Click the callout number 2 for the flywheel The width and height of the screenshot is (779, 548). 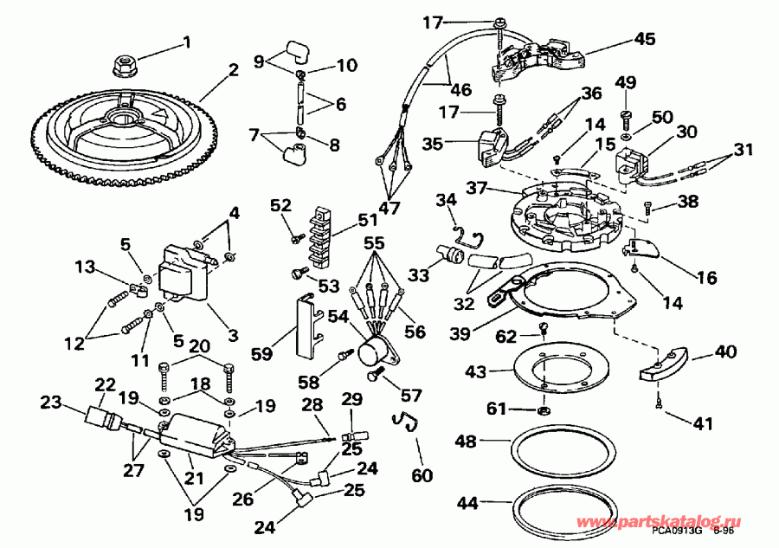(233, 70)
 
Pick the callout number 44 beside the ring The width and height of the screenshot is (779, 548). (468, 501)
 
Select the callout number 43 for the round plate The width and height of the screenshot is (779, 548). (477, 371)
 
